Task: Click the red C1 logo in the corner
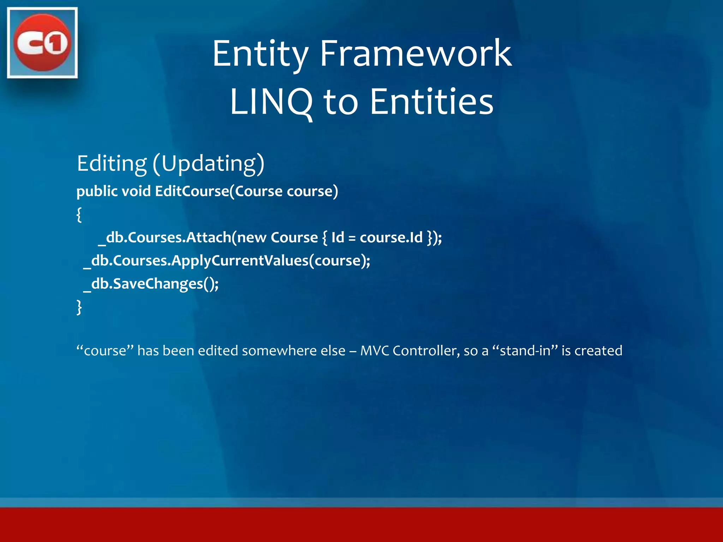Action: click(x=42, y=42)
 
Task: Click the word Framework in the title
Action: click(x=415, y=54)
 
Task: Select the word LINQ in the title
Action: click(x=271, y=102)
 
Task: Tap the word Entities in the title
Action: click(x=431, y=102)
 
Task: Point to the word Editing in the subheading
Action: click(x=112, y=163)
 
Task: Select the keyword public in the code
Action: click(x=97, y=192)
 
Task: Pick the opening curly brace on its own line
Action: click(x=79, y=214)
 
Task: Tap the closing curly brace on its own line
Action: click(x=79, y=307)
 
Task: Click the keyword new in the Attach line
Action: click(x=251, y=237)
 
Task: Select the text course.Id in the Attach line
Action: click(x=391, y=237)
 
